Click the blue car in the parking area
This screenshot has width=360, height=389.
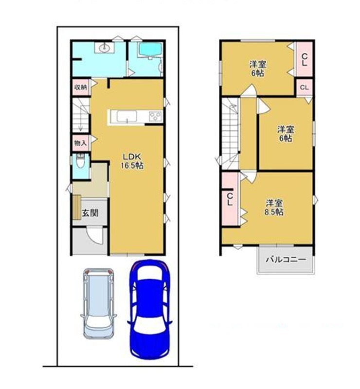pos(149,309)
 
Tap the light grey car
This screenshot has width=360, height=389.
pos(99,303)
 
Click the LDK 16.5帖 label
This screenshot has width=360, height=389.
pos(132,161)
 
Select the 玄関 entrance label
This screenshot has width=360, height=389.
pos(90,213)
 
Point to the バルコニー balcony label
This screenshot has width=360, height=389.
pos(286,260)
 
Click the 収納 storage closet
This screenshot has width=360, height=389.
pos(81,87)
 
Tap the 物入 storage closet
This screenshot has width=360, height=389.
pos(81,143)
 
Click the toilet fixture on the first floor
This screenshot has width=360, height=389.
pos(80,161)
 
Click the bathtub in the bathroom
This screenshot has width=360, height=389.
pos(150,50)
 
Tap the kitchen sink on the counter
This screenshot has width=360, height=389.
pos(127,116)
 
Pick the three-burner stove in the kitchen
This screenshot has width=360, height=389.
pos(155,116)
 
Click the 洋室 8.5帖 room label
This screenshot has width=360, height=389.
pos(274,208)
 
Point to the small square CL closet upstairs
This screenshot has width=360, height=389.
pos(305,88)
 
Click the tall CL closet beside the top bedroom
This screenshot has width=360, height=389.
pos(305,59)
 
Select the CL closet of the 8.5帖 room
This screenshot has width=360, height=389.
pos(230,199)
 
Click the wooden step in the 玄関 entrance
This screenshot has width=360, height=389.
pos(77,208)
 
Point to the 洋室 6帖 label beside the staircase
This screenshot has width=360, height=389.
pos(286,134)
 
